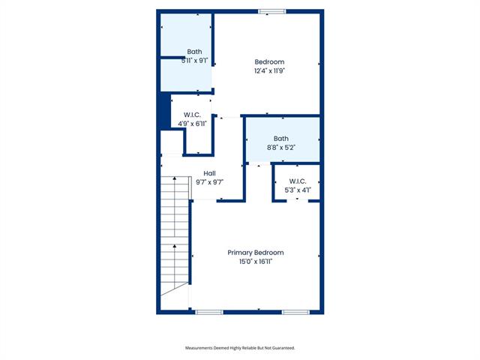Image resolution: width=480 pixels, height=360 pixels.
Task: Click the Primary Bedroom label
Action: coord(256,253)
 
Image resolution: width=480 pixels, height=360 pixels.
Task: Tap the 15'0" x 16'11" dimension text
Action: coord(256,262)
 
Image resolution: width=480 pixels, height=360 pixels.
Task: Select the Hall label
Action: coord(209,173)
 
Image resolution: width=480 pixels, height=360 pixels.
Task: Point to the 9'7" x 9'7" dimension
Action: coord(210,182)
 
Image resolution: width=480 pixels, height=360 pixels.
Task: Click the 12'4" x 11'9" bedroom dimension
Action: coord(270,70)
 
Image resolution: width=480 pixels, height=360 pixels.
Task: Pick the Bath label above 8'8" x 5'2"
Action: coord(281,139)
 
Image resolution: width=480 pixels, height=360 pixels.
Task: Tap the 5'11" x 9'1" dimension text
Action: coord(195,61)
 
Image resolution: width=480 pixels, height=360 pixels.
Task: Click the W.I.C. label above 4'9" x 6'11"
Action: coord(192,115)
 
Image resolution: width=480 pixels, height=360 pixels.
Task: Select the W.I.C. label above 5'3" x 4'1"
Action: coord(298,181)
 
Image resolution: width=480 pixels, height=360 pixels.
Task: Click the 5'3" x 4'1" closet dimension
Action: coord(298,190)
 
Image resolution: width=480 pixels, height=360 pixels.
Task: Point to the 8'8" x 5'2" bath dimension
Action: coord(281,148)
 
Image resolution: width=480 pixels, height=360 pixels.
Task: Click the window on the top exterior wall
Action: coord(272,12)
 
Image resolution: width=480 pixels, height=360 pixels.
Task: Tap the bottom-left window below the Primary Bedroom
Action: coord(209,312)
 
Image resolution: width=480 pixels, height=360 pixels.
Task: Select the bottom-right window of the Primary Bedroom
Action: coord(295,312)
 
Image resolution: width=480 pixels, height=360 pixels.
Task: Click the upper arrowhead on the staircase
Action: coord(175,178)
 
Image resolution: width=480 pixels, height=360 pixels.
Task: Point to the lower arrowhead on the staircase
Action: coord(175,246)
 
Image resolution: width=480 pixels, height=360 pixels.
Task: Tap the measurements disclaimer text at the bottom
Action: coord(240,348)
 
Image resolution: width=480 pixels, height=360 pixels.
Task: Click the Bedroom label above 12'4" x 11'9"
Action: coord(269,61)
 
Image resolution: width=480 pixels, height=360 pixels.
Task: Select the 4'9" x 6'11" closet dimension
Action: coord(193,124)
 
